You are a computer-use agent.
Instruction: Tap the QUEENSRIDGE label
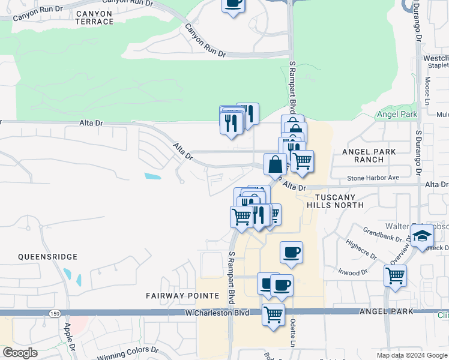click(x=48, y=257)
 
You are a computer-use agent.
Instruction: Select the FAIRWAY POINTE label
click(x=174, y=296)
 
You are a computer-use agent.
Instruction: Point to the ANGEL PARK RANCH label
click(x=369, y=156)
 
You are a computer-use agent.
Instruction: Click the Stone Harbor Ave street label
click(x=373, y=178)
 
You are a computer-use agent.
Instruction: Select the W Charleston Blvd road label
click(x=217, y=313)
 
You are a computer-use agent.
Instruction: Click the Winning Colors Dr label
click(x=127, y=350)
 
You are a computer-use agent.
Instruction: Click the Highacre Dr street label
click(x=361, y=250)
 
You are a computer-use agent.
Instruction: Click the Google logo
click(x=20, y=353)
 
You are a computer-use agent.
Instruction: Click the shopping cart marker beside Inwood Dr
click(x=396, y=276)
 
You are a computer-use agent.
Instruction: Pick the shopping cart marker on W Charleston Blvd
click(x=274, y=314)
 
